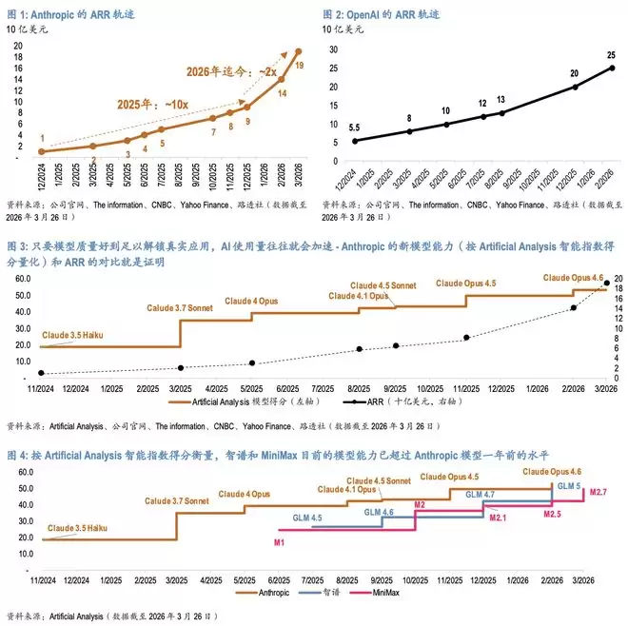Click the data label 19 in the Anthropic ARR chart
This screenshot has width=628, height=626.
pos(300,66)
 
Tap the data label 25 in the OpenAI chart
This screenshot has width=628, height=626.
pos(610,54)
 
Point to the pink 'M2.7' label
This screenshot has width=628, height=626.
pos(598,492)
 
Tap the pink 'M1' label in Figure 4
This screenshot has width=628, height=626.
pos(279,541)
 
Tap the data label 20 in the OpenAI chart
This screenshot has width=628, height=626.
pos(575,73)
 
